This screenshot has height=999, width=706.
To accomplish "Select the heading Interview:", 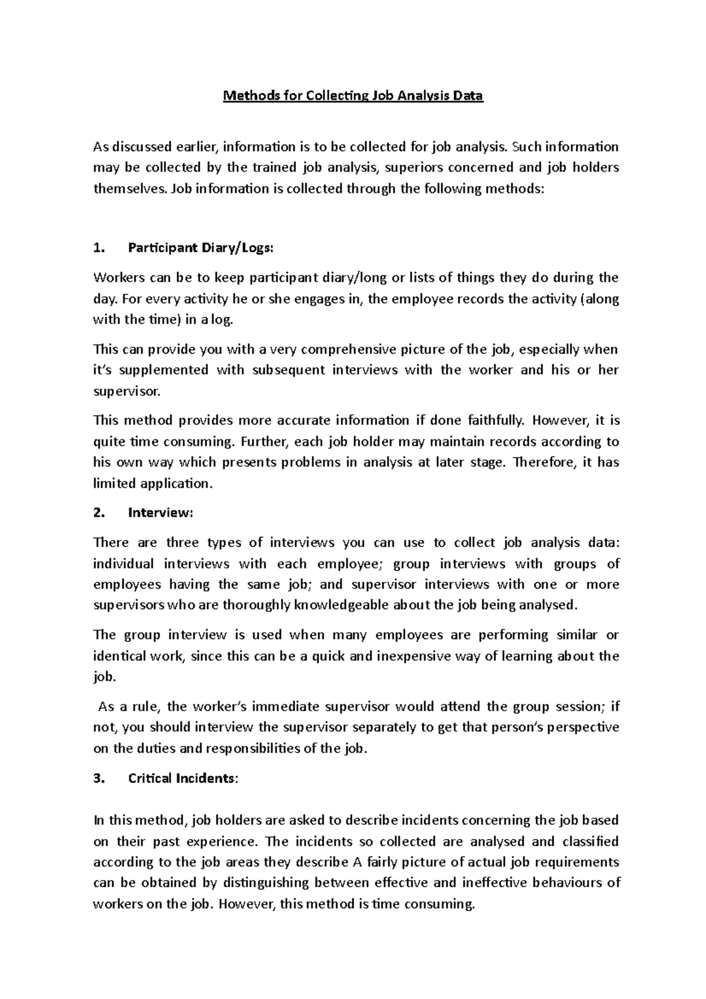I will (x=160, y=512).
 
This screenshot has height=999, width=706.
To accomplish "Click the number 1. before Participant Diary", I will (x=98, y=248).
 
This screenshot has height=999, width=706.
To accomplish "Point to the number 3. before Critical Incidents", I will (x=98, y=778).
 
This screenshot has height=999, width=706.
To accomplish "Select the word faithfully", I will (x=495, y=421).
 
